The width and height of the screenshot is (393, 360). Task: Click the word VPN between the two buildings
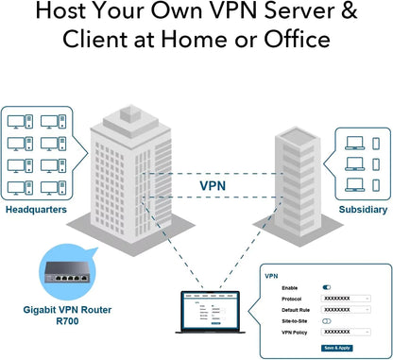[214, 185]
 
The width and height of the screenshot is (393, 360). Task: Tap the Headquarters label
[36, 210]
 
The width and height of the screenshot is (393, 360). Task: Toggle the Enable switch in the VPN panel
[327, 286]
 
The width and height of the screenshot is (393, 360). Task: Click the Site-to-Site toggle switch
[327, 321]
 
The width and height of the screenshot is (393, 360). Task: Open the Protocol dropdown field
[346, 298]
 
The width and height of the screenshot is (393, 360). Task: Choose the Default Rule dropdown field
[346, 310]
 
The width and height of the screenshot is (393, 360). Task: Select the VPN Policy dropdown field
[346, 333]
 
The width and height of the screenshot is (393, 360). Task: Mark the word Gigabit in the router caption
[40, 309]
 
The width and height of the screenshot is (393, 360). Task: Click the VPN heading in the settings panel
[271, 277]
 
